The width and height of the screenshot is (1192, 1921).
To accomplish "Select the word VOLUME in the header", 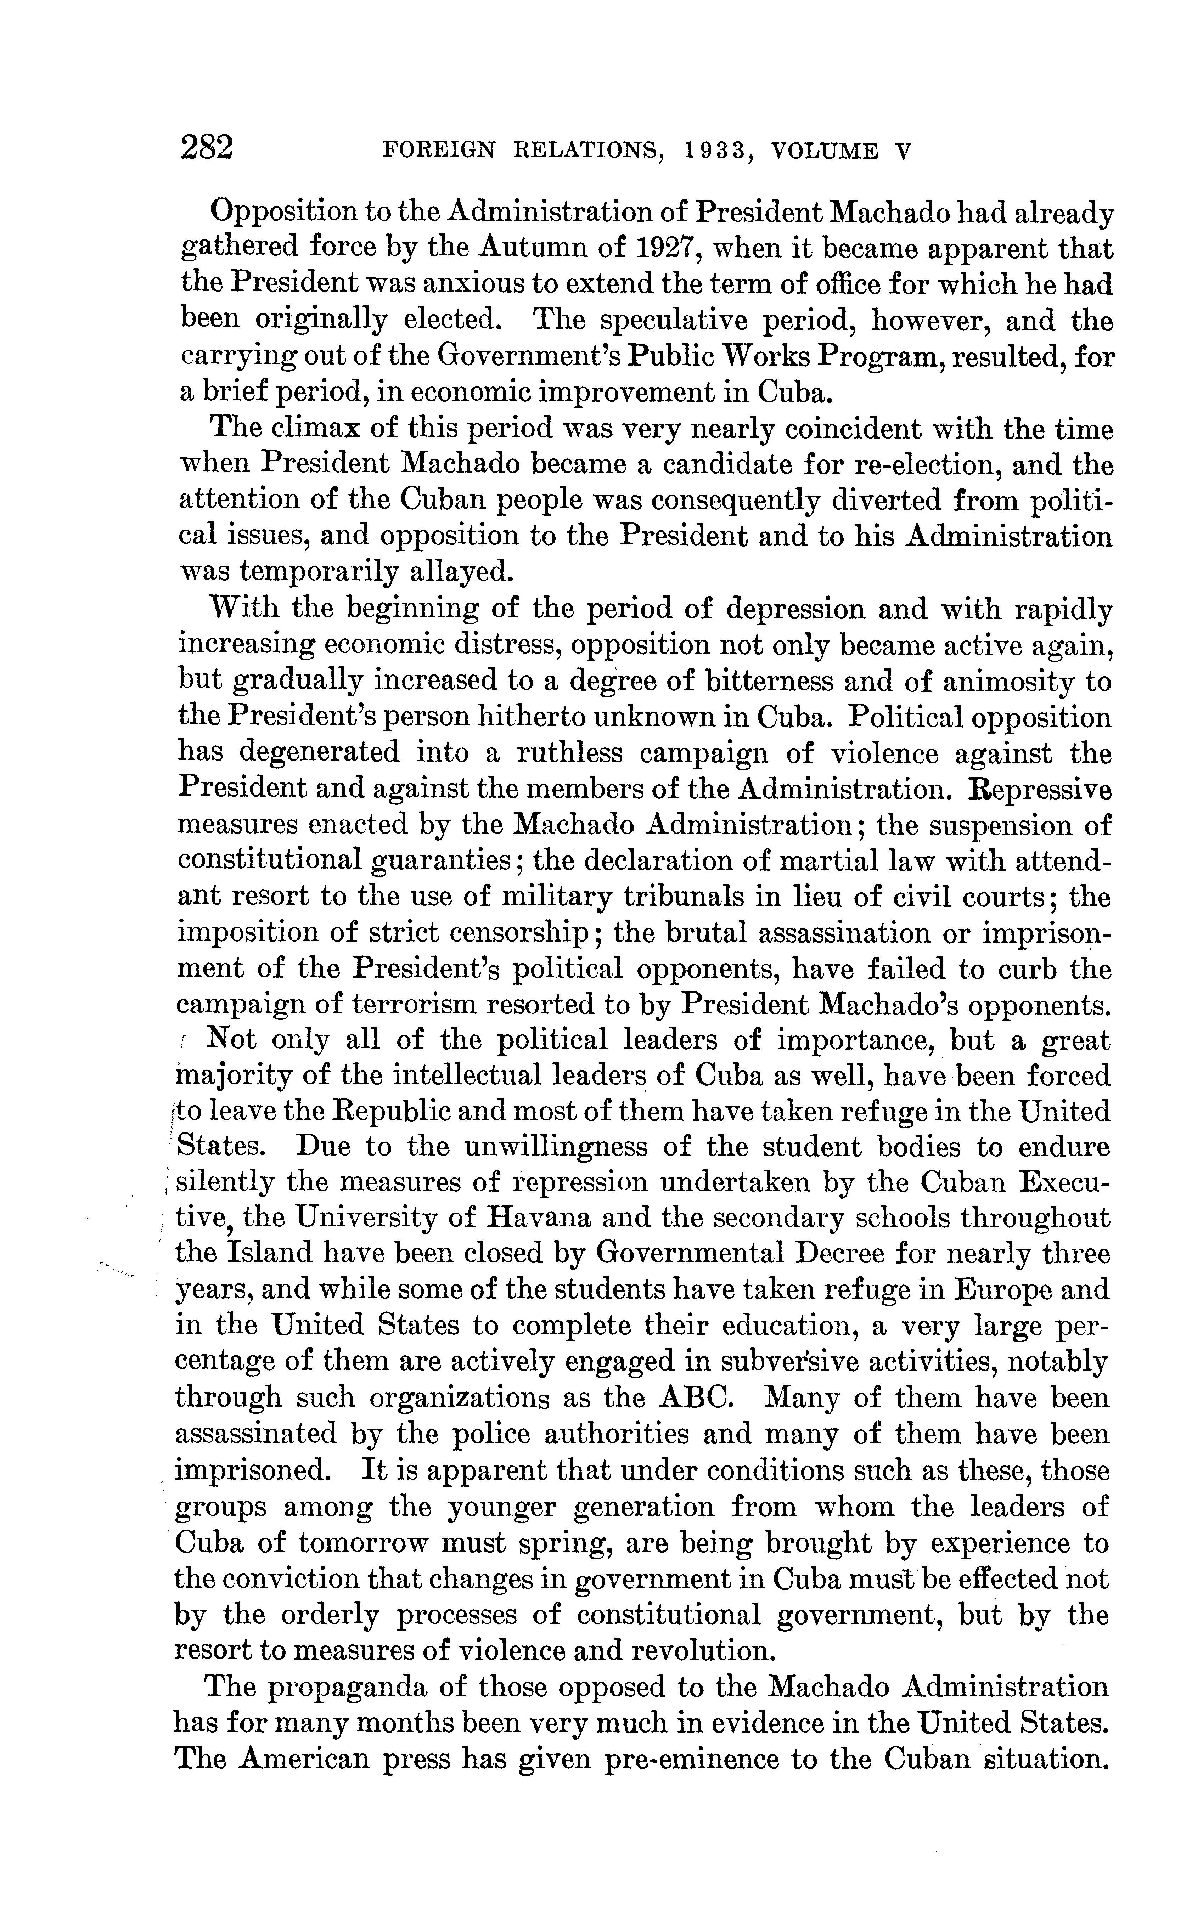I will [x=825, y=151].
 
